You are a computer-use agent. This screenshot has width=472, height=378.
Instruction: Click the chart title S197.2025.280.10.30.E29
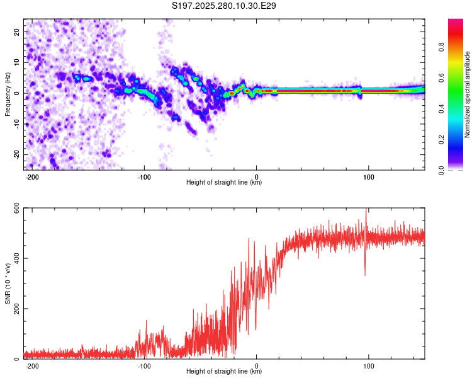[225, 6]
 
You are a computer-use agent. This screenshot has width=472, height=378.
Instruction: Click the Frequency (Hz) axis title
[8, 93]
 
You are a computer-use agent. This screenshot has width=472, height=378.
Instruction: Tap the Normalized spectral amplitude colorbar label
[468, 94]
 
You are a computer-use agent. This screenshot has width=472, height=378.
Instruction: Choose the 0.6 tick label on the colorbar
[441, 78]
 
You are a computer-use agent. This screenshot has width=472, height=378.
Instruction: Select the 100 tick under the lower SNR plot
[369, 366]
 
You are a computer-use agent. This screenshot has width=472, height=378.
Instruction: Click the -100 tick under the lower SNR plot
[144, 366]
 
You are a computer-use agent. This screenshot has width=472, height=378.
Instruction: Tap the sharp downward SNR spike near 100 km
[365, 274]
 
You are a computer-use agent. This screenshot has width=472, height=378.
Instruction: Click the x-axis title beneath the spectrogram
[224, 183]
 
